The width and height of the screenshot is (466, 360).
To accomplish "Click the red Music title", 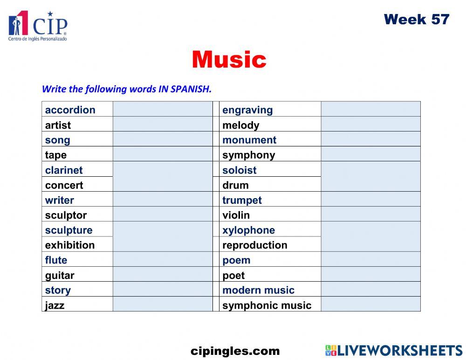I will (229, 60).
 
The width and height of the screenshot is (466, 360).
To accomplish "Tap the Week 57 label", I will (416, 19).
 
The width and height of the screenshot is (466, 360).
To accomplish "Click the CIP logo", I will (38, 26).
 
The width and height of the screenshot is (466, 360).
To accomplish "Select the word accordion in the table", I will (70, 110).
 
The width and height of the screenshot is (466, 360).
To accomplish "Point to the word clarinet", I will (64, 170).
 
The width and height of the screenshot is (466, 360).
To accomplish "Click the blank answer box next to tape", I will (162, 155).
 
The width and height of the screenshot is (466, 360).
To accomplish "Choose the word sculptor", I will (66, 215).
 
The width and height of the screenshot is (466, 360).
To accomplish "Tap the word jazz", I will (55, 305).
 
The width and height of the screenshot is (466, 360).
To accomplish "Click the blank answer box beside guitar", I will (162, 275).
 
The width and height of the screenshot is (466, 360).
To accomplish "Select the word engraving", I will (247, 110).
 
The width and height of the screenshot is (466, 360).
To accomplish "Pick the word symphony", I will (248, 155).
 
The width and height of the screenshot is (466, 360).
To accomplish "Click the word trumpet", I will (242, 200).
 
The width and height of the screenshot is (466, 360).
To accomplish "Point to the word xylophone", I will (248, 230).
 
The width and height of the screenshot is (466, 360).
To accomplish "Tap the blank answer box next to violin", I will (370, 215).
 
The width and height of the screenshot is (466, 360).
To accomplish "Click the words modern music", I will (258, 290).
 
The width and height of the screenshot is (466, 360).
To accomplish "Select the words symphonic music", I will (267, 305).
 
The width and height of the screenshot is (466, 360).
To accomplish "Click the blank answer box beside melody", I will (370, 125).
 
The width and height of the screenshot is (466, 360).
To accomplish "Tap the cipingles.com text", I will (235, 351).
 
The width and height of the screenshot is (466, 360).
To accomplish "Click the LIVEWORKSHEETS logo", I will (394, 351).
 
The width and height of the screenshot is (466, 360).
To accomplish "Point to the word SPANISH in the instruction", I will (191, 89).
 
